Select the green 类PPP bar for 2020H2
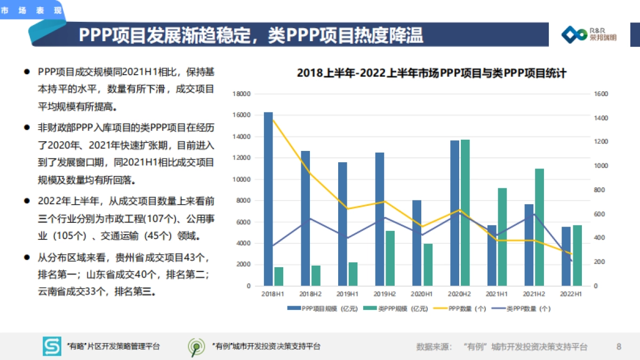pos(465,213)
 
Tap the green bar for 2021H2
pos(539,227)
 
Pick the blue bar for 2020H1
pos(417,243)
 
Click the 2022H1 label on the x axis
pos(571,294)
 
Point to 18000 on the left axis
pos(242,94)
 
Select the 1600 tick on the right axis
pos(601,94)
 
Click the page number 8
pos(619,347)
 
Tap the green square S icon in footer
pos(52,347)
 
